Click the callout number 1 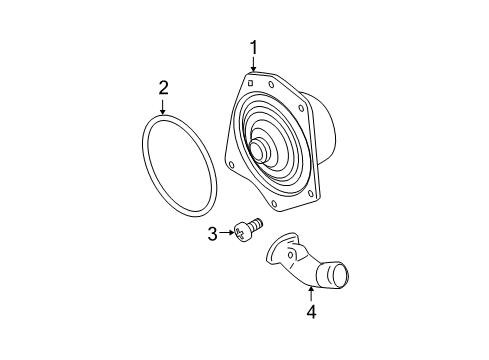254,46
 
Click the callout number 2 163,90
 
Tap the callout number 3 212,234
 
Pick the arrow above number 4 311,292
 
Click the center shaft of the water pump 261,149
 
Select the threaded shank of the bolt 256,227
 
